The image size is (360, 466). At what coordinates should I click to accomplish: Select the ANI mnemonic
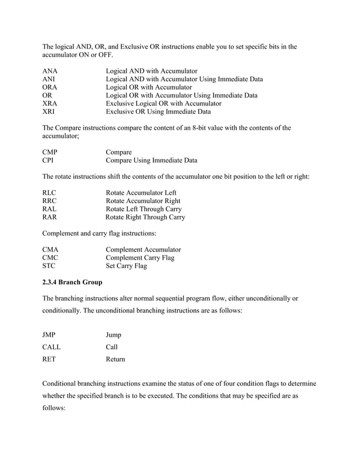point(49,80)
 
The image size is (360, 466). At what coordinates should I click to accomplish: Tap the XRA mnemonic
point(50,104)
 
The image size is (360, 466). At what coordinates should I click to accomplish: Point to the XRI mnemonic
point(49,112)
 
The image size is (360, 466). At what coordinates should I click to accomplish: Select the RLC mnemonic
point(50,193)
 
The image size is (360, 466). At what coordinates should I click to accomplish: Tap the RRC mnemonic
point(50,201)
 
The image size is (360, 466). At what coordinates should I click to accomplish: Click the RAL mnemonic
point(50,209)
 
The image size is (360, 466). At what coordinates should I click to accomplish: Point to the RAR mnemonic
point(50,217)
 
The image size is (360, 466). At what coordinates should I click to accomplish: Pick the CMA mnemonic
point(50,249)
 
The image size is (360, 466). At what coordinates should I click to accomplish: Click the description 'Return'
point(115,359)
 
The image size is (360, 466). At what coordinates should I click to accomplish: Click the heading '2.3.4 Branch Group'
point(72,282)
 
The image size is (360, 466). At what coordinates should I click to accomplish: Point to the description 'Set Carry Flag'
point(126,266)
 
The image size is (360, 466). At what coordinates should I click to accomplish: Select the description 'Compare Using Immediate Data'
point(151,161)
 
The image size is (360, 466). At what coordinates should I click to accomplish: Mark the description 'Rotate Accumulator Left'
point(141,193)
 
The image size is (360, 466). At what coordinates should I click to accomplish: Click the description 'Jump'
point(113,335)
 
